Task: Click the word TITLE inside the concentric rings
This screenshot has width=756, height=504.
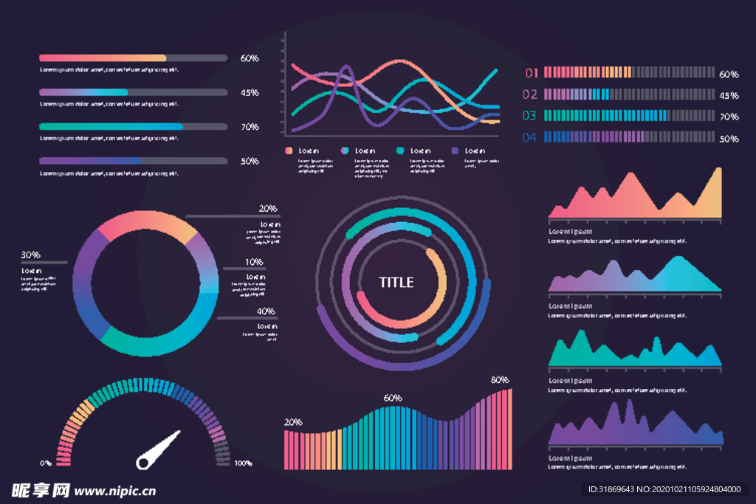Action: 396,282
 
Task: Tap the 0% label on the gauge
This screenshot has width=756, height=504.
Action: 46,463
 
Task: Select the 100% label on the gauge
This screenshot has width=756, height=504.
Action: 243,463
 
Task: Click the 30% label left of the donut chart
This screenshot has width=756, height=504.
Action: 30,255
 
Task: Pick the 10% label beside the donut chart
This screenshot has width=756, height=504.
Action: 255,262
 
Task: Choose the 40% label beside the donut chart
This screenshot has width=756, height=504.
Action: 266,311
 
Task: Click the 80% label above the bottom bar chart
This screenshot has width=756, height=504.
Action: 500,380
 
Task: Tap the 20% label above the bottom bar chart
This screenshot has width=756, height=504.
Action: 293,422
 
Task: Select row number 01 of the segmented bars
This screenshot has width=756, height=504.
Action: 530,72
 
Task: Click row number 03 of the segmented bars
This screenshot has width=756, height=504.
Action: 530,115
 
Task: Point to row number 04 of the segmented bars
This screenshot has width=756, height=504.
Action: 530,137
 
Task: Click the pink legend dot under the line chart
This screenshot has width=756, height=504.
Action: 289,151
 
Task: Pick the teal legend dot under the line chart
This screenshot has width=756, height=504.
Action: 400,151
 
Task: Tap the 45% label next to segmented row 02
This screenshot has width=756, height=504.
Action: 729,95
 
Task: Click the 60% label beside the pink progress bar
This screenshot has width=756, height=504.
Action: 250,58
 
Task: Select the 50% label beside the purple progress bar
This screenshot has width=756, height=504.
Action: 250,161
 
